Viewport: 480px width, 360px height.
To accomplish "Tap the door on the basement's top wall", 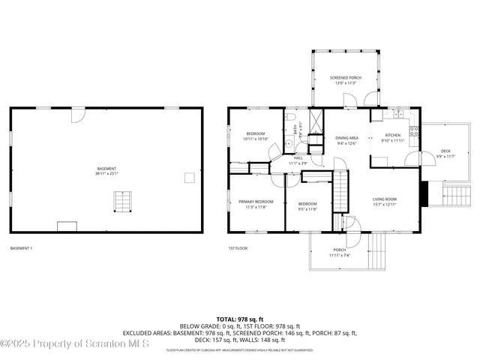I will tap(79, 115).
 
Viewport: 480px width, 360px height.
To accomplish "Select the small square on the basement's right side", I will tap(189, 177).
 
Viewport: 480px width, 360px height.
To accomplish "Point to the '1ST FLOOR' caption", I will tap(238, 248).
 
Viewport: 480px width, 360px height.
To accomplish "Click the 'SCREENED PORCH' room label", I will tap(346, 78).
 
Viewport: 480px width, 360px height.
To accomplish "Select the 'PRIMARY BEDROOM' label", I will tap(256, 202).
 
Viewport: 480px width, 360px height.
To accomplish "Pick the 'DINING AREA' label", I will tap(346, 138).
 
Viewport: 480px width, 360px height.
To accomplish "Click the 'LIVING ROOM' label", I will tap(385, 199).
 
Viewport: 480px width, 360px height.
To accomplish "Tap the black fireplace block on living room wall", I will tap(424, 193).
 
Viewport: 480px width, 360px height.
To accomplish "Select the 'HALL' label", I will tap(298, 158).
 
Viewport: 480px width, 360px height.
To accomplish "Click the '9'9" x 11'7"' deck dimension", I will tap(445, 156).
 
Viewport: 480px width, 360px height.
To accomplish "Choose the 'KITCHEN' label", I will tap(393, 135).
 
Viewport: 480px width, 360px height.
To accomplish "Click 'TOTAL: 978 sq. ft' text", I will tap(240, 319).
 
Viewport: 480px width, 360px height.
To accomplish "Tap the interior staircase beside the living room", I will tap(341, 191).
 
